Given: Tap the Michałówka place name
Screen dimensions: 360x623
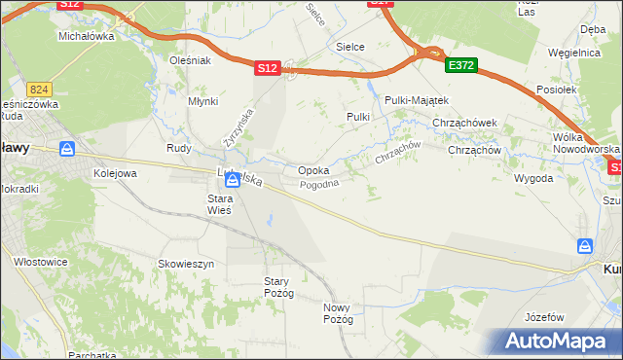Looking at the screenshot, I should tap(87, 35).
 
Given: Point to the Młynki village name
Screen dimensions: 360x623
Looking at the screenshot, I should tap(202, 101).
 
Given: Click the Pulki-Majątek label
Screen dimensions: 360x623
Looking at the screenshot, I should tap(416, 100).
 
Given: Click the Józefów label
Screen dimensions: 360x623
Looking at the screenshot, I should tap(544, 317).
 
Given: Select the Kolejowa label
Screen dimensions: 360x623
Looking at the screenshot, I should tap(115, 172).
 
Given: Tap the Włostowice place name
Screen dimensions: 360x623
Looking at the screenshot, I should tap(40, 261).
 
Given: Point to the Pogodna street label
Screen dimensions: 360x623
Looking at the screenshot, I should tap(319, 184).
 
